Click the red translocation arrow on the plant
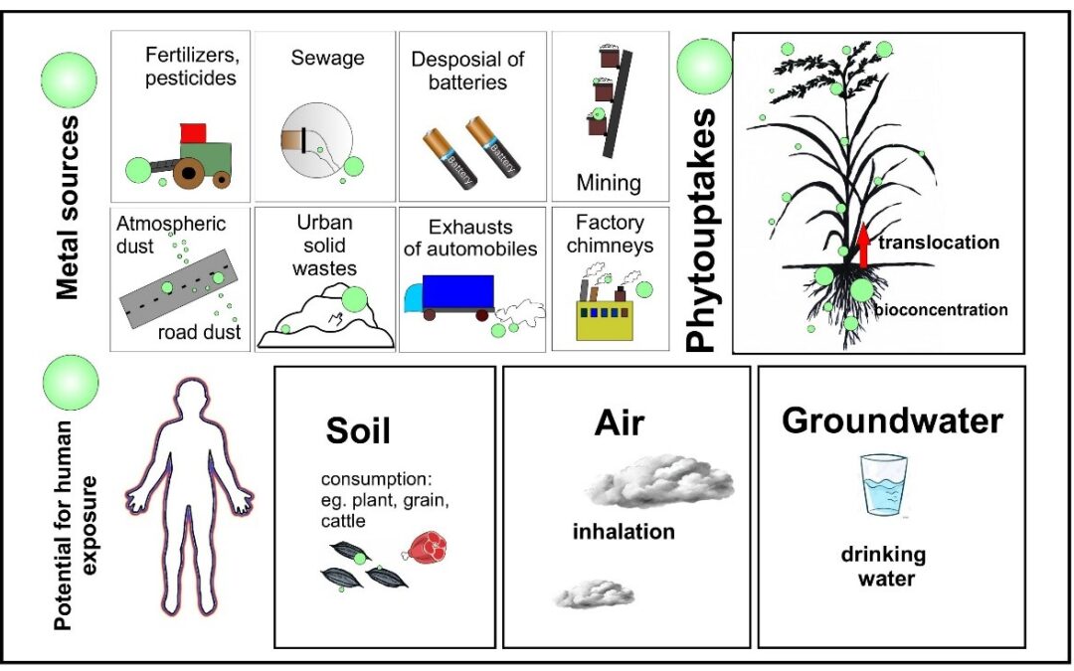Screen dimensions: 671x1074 [863, 248]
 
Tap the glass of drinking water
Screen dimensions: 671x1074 [884, 486]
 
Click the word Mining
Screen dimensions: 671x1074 [609, 183]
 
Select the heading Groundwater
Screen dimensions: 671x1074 [892, 420]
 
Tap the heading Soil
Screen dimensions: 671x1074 [358, 430]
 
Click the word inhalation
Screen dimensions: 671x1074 [624, 532]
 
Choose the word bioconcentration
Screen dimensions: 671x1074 [941, 309]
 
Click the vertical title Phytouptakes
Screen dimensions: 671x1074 [702, 230]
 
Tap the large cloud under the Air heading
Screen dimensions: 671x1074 [660, 483]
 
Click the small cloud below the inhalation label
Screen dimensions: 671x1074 [593, 594]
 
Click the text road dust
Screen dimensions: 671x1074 [200, 333]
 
